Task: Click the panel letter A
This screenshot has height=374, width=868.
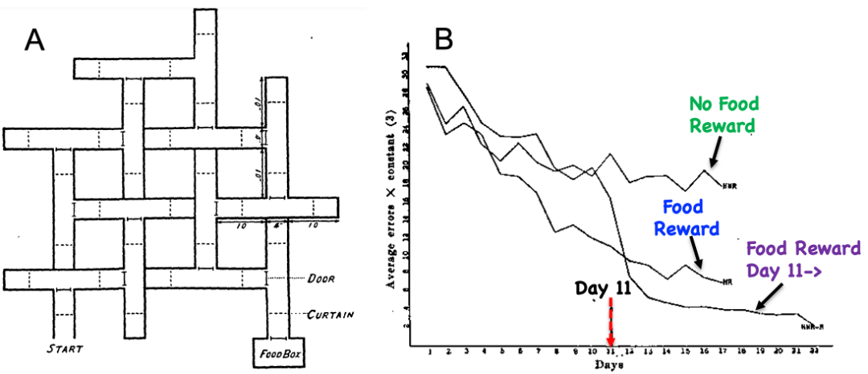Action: pyautogui.click(x=34, y=39)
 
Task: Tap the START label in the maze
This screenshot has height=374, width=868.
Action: pyautogui.click(x=66, y=348)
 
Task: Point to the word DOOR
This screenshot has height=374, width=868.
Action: pyautogui.click(x=320, y=279)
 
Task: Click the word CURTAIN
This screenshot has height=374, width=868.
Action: pyautogui.click(x=330, y=315)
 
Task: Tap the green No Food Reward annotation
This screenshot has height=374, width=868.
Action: pyautogui.click(x=723, y=115)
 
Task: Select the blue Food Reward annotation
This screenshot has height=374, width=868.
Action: pyautogui.click(x=686, y=218)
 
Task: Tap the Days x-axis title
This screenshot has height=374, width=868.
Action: pyautogui.click(x=612, y=364)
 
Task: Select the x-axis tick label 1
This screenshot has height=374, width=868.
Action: pyautogui.click(x=430, y=352)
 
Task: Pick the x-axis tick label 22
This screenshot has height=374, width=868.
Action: pyautogui.click(x=813, y=352)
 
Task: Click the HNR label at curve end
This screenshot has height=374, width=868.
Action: pyautogui.click(x=729, y=187)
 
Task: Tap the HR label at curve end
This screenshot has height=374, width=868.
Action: pyautogui.click(x=726, y=283)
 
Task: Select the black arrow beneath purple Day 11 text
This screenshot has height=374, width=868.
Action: pyautogui.click(x=768, y=299)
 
